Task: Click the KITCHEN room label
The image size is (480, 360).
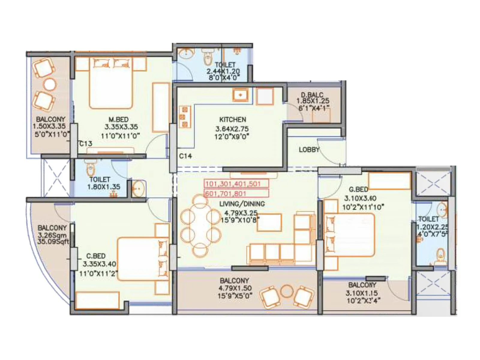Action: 232,119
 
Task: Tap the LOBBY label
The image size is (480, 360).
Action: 309,149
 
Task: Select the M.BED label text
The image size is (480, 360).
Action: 118,119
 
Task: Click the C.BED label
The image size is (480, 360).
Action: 96,256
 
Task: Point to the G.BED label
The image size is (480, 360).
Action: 358,190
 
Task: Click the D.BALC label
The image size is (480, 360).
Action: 312,95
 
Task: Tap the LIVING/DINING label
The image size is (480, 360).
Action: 242,204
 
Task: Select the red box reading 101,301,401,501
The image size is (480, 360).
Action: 236,184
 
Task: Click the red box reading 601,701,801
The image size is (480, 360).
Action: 236,193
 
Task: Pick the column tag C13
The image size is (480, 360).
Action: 86,144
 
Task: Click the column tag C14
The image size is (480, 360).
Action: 185,156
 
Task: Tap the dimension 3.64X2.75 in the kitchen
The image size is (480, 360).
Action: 232,129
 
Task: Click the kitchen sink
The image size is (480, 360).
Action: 240,95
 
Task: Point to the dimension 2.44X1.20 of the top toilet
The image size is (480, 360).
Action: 223,71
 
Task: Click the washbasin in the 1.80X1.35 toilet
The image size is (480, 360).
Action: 139,189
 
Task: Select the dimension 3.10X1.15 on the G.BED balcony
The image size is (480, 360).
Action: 361,293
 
